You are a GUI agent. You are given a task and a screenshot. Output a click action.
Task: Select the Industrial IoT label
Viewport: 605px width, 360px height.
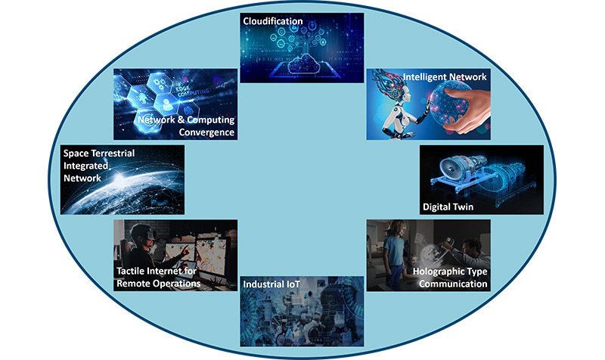tap(271, 284)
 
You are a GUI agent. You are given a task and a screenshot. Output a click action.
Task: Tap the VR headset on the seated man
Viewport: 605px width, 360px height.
tap(148, 235)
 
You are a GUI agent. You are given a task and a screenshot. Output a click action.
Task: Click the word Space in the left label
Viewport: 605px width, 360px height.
tap(77, 153)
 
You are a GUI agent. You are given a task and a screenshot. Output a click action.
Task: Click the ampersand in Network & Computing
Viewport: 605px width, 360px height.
tap(178, 120)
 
